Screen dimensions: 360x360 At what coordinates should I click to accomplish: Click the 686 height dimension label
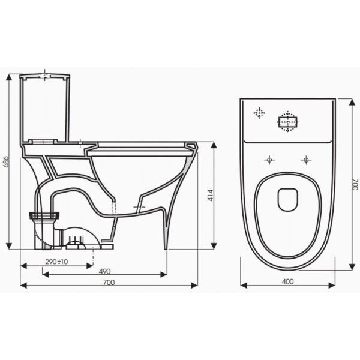coord(7,162)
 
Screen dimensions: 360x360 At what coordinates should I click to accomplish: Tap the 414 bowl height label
coord(211,195)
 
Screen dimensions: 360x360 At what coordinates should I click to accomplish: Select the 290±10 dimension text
coord(56,262)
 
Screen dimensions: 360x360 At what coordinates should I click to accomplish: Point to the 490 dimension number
coord(104,271)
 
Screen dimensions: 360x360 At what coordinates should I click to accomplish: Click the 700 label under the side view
coord(109,283)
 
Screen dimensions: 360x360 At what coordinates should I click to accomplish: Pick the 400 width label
coord(287,282)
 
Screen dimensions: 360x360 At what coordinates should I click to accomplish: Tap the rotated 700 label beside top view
coord(355,184)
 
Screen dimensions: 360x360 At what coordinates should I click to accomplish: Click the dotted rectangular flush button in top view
coord(287,122)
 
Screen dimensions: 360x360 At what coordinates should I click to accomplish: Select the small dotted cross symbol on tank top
coord(259,113)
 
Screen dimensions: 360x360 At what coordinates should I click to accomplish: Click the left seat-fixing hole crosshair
coord(269,160)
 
